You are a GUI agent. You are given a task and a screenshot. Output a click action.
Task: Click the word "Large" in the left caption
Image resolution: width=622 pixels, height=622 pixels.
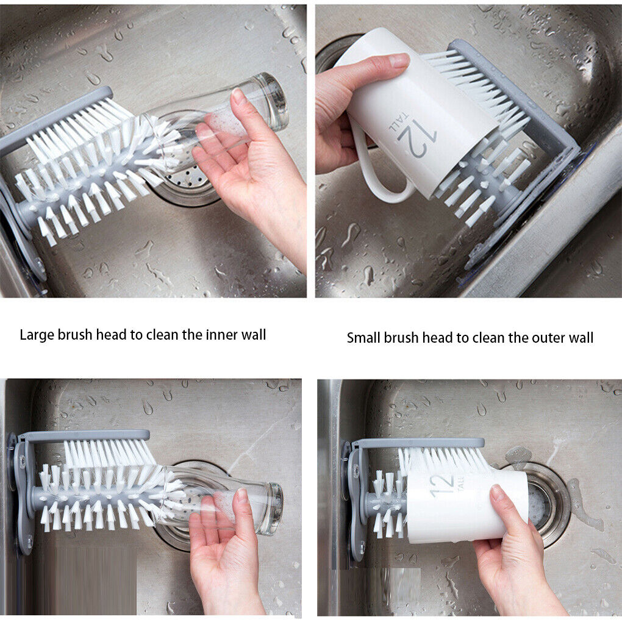tap(35, 335)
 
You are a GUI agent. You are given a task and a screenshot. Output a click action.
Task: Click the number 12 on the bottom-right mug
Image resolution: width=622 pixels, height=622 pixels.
tap(444, 484)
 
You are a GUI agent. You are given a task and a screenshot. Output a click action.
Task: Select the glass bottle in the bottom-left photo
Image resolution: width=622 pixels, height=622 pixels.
tap(244, 500)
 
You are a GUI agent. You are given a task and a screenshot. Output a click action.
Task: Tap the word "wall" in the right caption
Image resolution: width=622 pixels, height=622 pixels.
tap(579, 338)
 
